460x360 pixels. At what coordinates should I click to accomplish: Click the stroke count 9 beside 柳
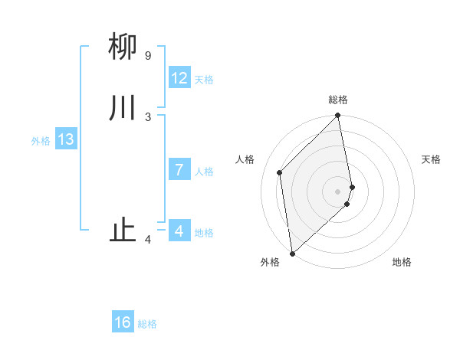148,56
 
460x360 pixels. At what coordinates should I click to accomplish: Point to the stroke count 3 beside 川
148,116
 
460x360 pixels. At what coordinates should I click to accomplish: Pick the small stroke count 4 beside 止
148,241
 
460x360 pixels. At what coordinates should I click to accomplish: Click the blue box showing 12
179,78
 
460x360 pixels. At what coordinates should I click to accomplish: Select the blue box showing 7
179,170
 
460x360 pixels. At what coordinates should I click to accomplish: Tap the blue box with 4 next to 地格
179,231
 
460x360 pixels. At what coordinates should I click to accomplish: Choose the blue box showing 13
66,139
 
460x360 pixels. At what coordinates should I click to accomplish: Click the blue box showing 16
123,322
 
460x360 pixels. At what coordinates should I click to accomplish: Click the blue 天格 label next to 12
204,80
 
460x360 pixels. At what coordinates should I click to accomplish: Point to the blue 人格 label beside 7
204,172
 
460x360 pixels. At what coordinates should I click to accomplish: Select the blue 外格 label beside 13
41,141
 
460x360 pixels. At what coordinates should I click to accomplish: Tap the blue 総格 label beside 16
147,324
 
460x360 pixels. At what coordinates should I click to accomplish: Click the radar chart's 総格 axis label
338,100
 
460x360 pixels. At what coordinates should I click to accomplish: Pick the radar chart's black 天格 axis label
431,159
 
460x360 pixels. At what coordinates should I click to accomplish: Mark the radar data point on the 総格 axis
338,116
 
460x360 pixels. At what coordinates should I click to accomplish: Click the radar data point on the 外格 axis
292,253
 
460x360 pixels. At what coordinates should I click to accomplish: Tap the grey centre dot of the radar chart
338,191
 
